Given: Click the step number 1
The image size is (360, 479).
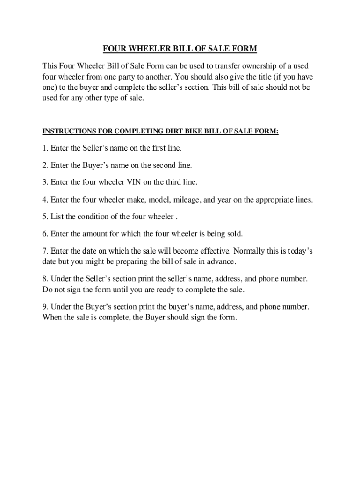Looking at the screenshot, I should coord(45,148).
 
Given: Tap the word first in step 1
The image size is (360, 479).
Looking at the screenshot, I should coord(151,148).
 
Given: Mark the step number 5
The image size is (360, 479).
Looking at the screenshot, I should coord(45,217).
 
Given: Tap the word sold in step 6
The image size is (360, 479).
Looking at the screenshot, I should coord(235,233).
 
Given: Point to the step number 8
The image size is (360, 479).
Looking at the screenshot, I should coord(45,279).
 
